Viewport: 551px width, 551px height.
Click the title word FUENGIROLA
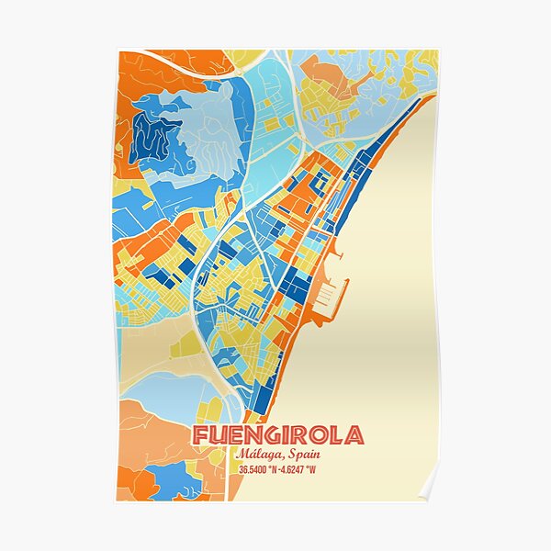(x=277, y=435)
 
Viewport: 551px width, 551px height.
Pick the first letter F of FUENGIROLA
(x=199, y=435)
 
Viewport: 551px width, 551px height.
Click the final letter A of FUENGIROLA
(x=354, y=435)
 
